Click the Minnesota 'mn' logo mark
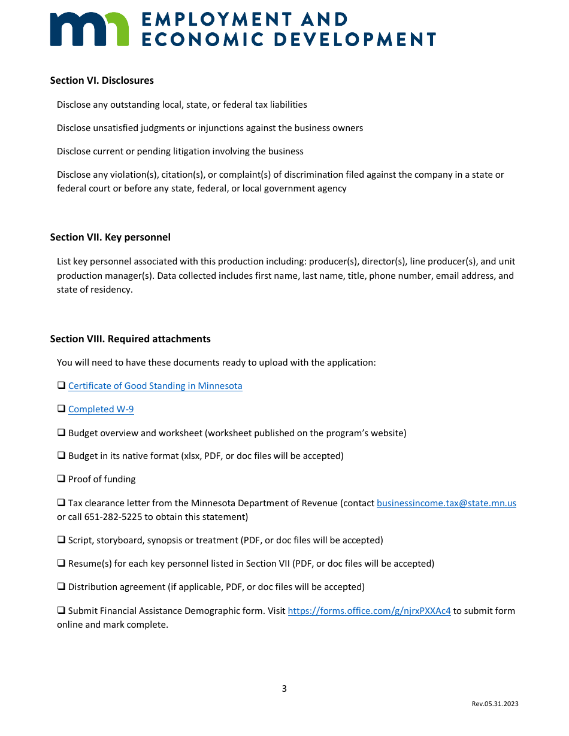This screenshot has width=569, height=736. [x=89, y=29]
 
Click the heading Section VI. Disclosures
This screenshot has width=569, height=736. [x=102, y=80]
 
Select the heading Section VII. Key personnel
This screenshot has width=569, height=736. [x=110, y=237]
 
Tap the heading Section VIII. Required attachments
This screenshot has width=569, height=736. [x=130, y=339]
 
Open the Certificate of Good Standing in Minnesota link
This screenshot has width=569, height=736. [x=155, y=386]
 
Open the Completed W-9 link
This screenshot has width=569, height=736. [x=101, y=409]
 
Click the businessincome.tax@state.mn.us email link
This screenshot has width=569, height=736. [x=446, y=503]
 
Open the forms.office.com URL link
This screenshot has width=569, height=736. [x=369, y=611]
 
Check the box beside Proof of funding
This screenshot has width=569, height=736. [x=61, y=479]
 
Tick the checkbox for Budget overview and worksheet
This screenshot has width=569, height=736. [x=61, y=432]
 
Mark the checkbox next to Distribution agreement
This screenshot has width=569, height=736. [x=61, y=586]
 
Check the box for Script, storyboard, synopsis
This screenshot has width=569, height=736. [x=61, y=540]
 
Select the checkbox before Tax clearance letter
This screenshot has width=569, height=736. [x=61, y=503]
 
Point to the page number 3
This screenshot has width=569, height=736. [x=284, y=689]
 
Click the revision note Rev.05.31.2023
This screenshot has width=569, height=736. [x=495, y=704]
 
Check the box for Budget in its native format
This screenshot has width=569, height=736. [x=61, y=455]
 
